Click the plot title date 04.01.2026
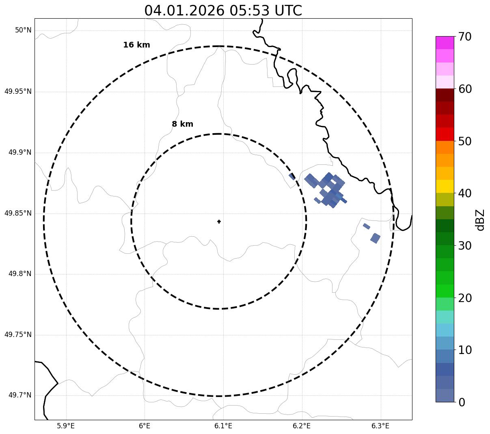coord(184,11)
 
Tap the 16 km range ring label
coord(136,45)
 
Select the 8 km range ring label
coord(182,124)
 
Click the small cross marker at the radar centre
coord(219,222)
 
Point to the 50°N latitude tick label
coord(23,30)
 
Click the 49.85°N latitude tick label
coord(18,213)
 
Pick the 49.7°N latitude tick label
coord(20,395)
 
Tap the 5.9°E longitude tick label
coord(66,426)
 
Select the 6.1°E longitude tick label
coord(223,426)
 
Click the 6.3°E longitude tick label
coord(380,426)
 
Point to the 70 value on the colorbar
coord(465,37)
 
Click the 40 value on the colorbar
coord(465,194)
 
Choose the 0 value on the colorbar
coord(462,402)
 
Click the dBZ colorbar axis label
coord(481,220)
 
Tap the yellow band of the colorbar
coord(445,186)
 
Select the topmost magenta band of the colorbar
coord(445,43)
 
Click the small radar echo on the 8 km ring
coord(292,176)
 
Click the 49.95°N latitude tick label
coord(18,91)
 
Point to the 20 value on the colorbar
coord(465,298)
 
